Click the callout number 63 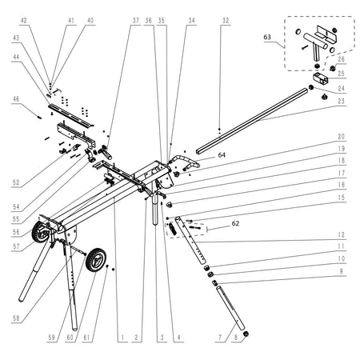click(267, 37)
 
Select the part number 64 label click(222, 154)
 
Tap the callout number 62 click(235, 223)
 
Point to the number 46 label click(16, 99)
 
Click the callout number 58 click(16, 318)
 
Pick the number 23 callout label click(341, 102)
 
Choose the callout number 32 click(226, 21)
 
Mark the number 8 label click(236, 338)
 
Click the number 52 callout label click(16, 182)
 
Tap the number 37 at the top click(136, 21)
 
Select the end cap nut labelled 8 click(246, 334)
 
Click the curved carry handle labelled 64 click(186, 162)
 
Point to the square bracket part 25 click(321, 78)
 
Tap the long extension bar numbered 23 click(252, 122)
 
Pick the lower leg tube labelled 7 click(230, 308)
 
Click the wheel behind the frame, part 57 click(40, 233)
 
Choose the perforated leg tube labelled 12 click(190, 241)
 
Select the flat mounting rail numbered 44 click(70, 115)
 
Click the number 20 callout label click(341, 137)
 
